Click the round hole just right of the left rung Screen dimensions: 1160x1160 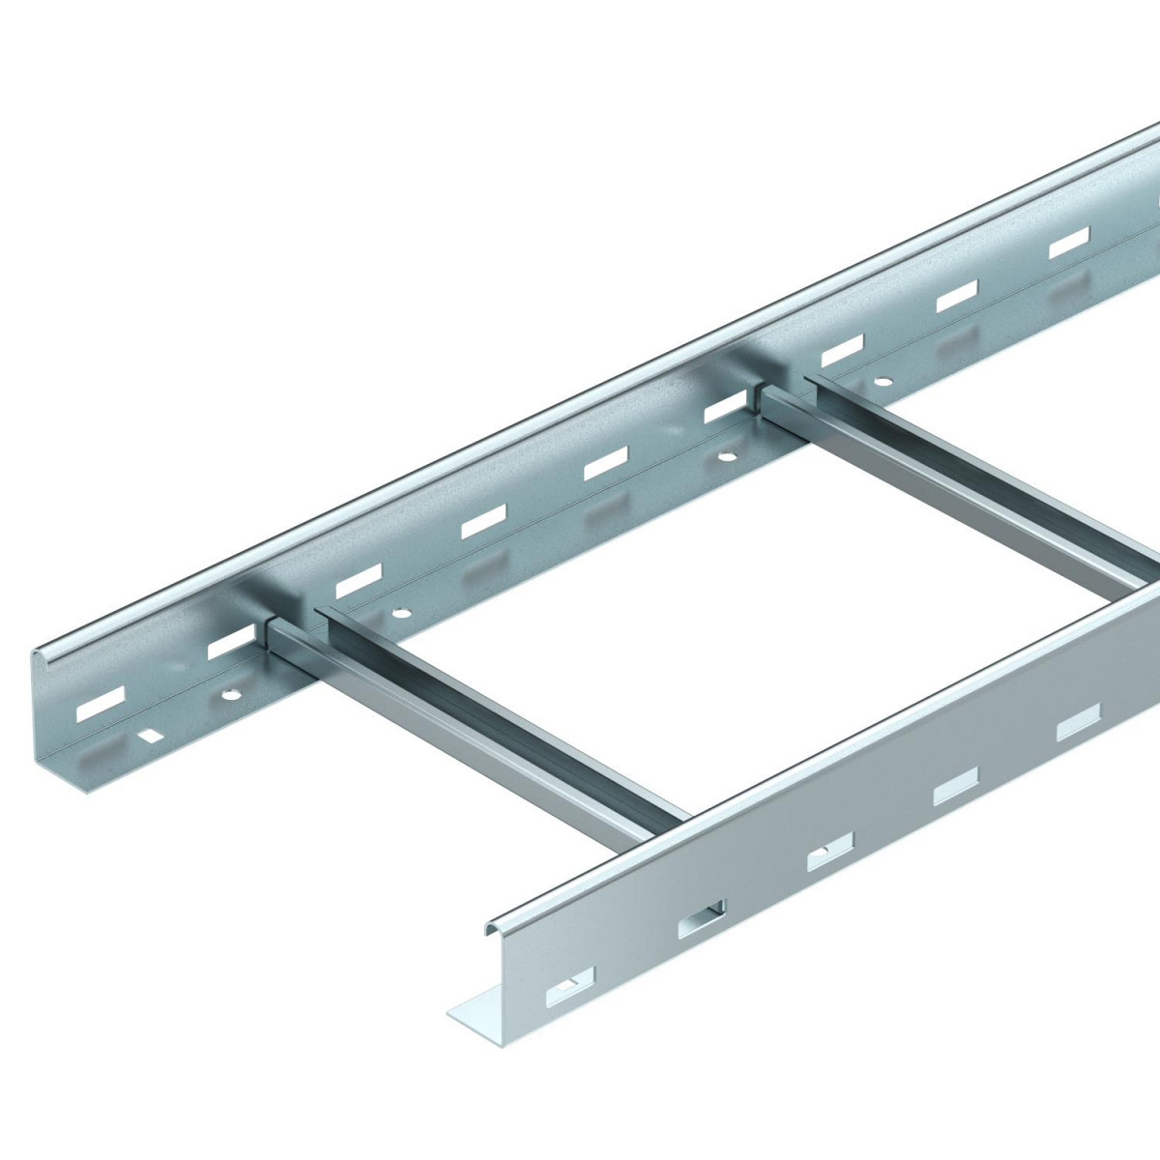[399, 613]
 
